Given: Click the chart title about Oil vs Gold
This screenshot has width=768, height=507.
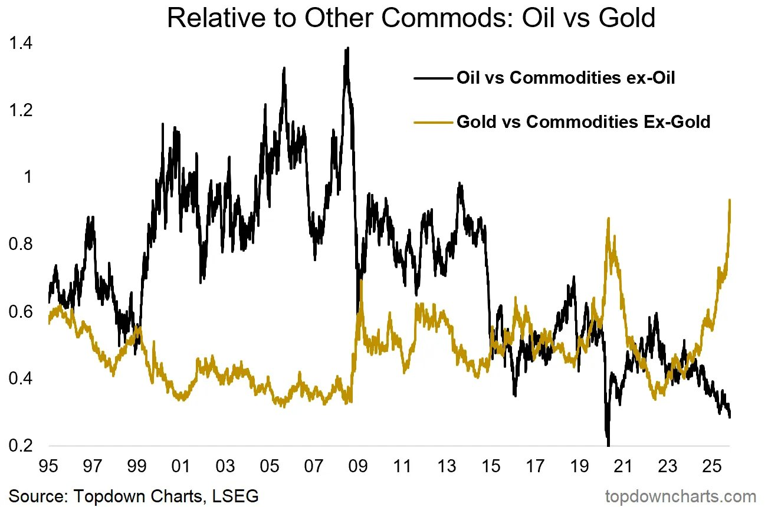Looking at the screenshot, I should (411, 18).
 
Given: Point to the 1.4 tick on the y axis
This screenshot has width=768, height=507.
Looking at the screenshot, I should (21, 44).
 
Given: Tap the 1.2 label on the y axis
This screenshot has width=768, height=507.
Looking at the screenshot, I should (21, 111).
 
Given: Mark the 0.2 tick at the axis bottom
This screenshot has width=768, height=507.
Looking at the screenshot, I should (21, 446).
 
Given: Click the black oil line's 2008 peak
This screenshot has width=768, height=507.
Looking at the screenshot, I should (347, 48).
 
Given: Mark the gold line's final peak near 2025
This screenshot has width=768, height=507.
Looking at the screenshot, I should (730, 200).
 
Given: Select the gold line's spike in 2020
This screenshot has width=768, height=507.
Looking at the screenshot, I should (608, 219).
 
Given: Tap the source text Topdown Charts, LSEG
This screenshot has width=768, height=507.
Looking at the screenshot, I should (134, 496).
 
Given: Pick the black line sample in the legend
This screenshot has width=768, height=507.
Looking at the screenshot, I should (434, 78).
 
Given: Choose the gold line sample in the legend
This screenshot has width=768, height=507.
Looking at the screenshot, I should (434, 122).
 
